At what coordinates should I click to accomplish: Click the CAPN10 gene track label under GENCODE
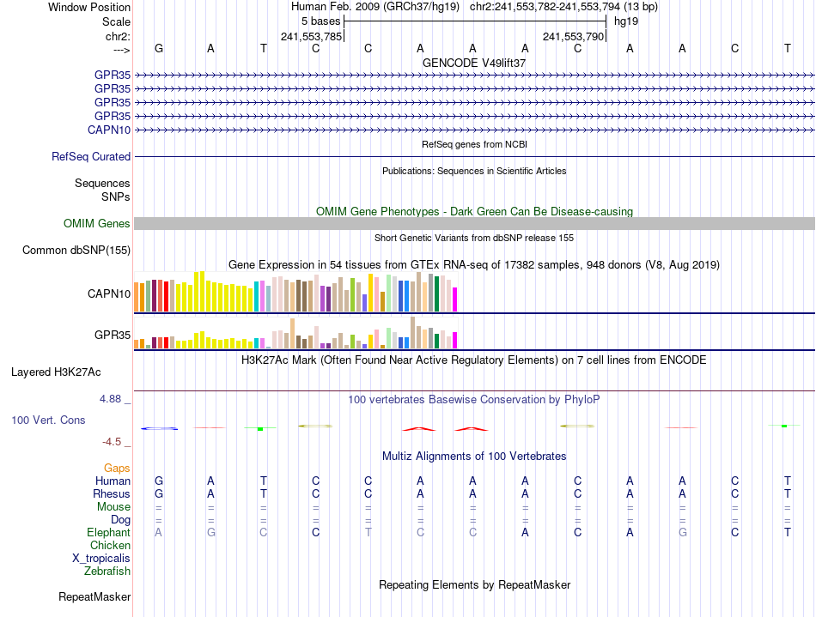point(109,130)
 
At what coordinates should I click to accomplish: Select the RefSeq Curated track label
point(91,157)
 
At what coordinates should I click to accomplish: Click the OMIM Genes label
point(97,224)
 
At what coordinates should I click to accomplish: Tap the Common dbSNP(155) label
point(76,251)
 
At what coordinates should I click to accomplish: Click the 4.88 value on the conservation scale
point(113,399)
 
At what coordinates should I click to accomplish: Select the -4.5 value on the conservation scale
point(113,442)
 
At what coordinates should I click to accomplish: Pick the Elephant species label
point(109,533)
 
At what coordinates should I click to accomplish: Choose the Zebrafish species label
point(107,571)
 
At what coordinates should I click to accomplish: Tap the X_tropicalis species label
point(101,558)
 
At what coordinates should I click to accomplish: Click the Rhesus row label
point(112,494)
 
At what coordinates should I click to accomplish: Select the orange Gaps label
point(117,469)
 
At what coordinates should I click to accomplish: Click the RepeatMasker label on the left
point(94,596)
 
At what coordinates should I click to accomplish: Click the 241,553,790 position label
point(574,36)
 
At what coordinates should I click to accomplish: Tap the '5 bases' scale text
point(321,21)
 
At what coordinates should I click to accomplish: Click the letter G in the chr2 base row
point(159,48)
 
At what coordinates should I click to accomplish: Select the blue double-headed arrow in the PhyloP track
point(160,428)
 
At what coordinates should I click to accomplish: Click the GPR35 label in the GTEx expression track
point(113,334)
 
